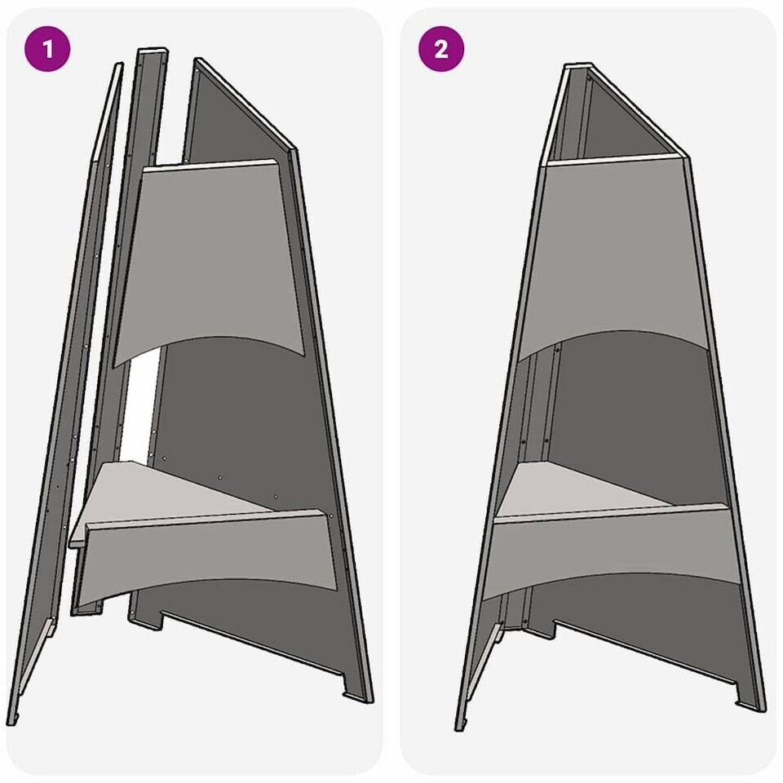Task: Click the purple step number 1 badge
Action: pyautogui.click(x=47, y=49)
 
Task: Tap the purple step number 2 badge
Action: pyautogui.click(x=441, y=49)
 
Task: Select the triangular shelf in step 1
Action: pyautogui.click(x=165, y=494)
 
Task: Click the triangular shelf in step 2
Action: pyautogui.click(x=574, y=489)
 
